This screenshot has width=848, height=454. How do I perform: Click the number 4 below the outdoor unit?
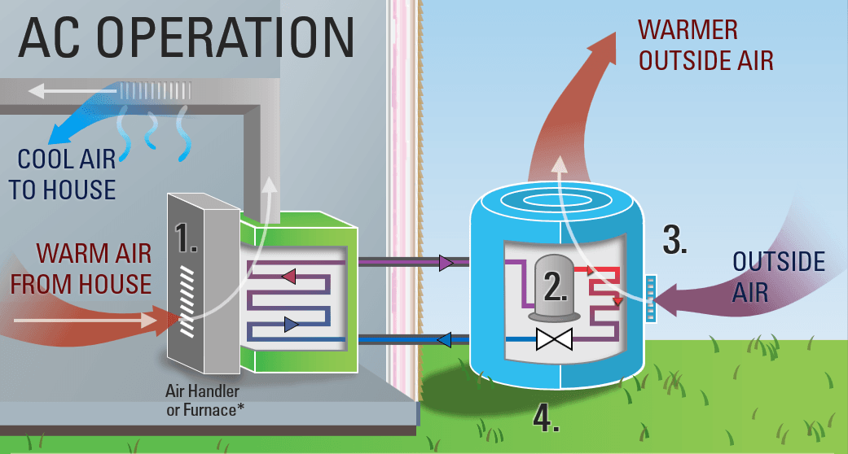pos(546,417)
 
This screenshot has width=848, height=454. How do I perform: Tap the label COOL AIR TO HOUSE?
pos(62,173)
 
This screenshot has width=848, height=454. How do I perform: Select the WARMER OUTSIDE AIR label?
pos(705,45)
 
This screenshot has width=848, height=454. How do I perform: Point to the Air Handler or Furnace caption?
pos(209,401)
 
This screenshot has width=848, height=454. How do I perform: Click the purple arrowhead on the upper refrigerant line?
pos(446,262)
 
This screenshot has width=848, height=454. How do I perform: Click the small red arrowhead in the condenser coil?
pos(618,302)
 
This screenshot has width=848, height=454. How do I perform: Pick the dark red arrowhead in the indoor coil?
pos(288,277)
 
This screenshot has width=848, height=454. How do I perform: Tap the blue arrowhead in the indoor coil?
pos(291,325)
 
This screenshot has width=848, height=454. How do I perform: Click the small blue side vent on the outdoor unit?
pos(649,299)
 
